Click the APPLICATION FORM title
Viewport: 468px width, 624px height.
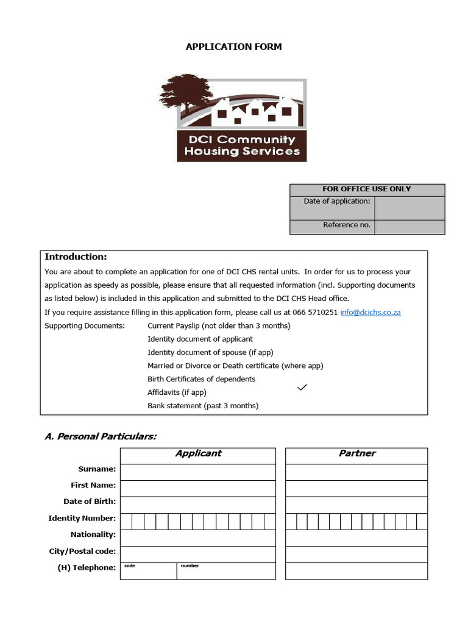233,47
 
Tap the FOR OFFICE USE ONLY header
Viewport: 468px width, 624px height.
367,189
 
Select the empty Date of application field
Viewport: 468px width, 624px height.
409,207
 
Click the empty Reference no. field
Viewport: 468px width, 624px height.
409,227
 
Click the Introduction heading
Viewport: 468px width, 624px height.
76,257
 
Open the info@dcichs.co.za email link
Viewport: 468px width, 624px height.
370,312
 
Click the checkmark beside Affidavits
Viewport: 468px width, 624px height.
302,388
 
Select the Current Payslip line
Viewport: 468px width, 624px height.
219,325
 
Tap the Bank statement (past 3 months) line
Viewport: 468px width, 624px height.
203,406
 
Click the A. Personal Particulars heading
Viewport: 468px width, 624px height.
101,436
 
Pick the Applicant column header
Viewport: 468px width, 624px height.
198,453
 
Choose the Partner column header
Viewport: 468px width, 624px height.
356,453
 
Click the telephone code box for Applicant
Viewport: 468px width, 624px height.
149,572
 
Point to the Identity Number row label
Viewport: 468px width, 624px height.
82,519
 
